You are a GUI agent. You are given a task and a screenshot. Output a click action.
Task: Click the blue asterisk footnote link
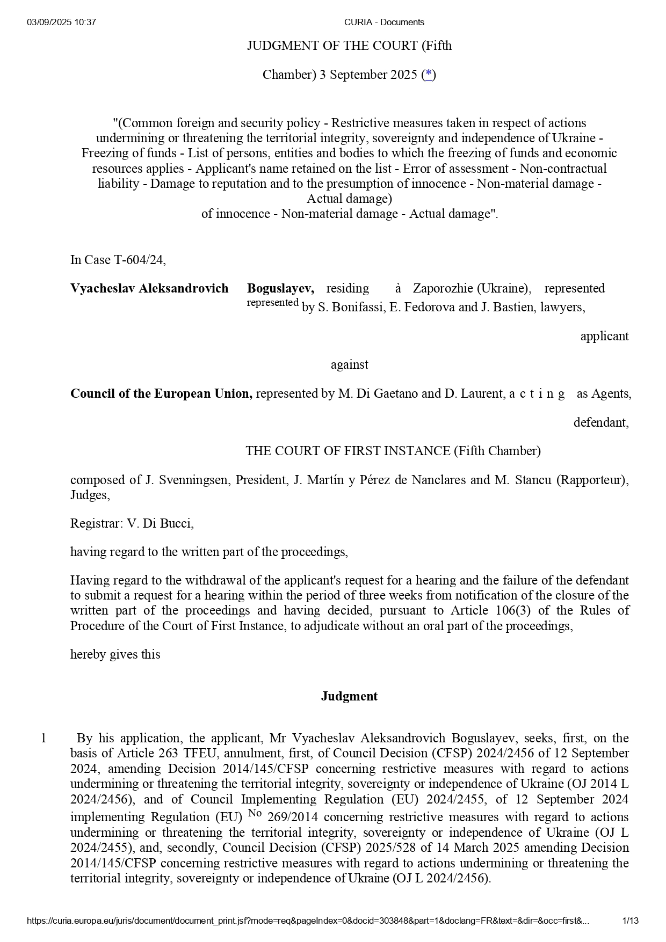[429, 75]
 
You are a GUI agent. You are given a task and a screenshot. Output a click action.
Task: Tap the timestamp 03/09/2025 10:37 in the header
[61, 22]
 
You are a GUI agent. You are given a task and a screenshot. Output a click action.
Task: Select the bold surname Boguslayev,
[280, 288]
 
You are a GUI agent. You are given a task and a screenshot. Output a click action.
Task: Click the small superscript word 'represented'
[272, 302]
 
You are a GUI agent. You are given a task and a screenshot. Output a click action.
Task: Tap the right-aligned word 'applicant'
[604, 336]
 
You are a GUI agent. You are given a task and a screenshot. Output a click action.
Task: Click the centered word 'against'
[349, 364]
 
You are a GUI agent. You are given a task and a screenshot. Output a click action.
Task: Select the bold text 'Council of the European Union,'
[161, 393]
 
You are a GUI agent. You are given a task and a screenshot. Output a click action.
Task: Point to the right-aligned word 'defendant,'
[600, 422]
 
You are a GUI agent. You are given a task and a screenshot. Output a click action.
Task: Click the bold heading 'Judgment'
[349, 696]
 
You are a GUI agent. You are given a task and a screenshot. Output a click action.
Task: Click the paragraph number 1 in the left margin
[44, 738]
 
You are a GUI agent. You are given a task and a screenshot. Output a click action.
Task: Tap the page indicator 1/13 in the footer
[630, 921]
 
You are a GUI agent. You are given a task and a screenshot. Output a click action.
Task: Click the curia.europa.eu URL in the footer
[308, 921]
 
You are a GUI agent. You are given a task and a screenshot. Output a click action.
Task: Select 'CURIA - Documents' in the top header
[384, 22]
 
